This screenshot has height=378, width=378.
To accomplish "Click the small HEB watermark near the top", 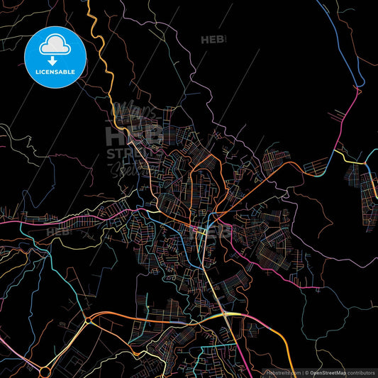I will coord(213,40).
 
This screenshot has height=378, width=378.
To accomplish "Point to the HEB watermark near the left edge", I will coord(57,231).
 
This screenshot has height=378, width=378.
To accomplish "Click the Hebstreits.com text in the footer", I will coord(283,372).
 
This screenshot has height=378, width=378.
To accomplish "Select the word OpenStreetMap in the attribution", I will coord(328,372).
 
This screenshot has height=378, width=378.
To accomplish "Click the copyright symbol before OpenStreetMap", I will coord(306,372).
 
